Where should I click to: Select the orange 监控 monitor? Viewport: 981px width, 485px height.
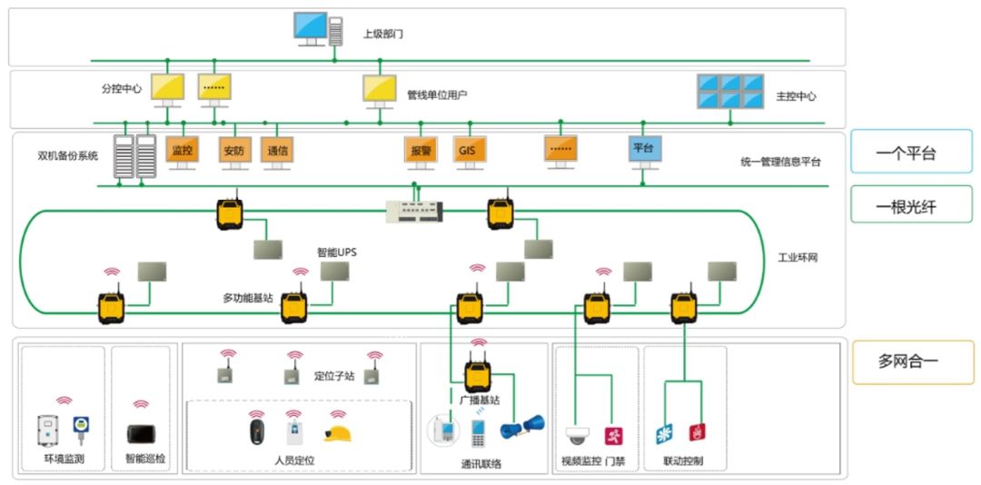[182, 151]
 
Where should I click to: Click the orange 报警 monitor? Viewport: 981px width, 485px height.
[419, 151]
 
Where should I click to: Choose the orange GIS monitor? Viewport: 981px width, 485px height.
[469, 151]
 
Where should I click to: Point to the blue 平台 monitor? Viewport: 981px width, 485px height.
[645, 149]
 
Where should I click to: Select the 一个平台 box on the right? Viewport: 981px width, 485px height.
[911, 152]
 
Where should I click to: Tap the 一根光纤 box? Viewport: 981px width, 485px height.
[911, 205]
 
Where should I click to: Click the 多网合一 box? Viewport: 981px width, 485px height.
[911, 361]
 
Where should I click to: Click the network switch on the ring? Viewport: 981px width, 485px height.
[415, 210]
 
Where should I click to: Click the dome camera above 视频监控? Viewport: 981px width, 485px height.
[578, 435]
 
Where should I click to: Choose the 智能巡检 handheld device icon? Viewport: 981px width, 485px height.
[141, 433]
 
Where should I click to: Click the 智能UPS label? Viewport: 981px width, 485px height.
[336, 252]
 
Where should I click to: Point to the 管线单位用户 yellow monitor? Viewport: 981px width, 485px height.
[380, 88]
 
